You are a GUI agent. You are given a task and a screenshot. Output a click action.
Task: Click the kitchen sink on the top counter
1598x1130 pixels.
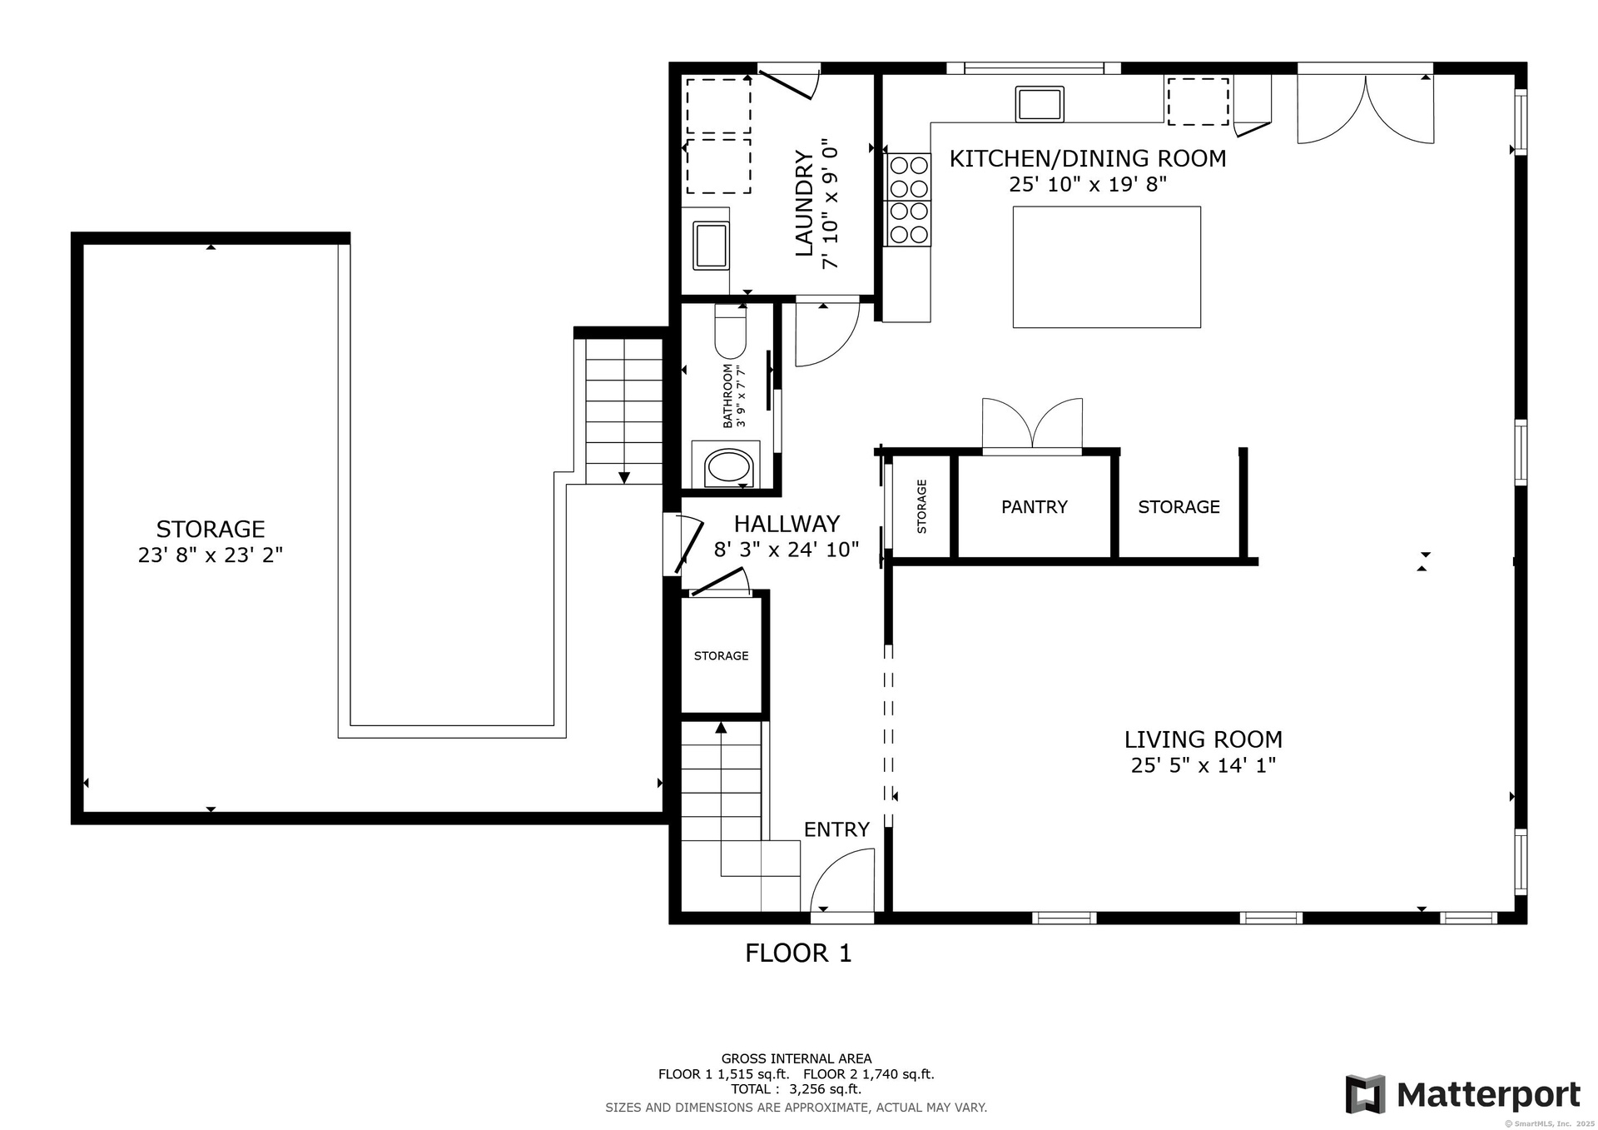pos(1040,104)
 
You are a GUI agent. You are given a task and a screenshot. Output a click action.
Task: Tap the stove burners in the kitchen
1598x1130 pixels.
pos(909,200)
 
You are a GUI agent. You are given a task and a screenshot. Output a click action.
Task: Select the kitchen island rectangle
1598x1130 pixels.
pos(1106,266)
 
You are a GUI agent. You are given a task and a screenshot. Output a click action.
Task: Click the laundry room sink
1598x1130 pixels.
pos(712,245)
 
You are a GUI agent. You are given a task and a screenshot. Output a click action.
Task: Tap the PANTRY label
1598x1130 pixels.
pos(1034,507)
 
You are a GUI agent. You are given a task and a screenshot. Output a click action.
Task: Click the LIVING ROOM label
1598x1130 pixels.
pos(1203,739)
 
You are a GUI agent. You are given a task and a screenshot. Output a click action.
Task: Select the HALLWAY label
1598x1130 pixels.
pos(787,524)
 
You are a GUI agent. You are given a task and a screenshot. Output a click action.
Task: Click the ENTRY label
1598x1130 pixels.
pos(836,829)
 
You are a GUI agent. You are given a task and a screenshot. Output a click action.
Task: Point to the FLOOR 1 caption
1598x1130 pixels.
pos(798,953)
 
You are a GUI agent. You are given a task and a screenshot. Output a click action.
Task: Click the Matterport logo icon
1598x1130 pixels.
pos(1366,1094)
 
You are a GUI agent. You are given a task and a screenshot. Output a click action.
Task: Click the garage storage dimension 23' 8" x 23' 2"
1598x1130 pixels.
pos(211,555)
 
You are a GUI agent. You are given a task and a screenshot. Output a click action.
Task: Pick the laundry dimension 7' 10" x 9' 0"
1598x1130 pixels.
pos(830,204)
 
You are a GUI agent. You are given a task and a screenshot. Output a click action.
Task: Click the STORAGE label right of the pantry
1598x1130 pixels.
pos(1179,507)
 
